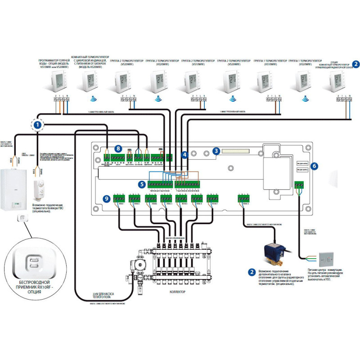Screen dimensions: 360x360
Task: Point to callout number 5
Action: [142, 184]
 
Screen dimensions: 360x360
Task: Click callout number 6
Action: [314, 166]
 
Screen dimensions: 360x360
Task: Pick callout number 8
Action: [118, 148]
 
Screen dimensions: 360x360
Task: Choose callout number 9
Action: [106, 198]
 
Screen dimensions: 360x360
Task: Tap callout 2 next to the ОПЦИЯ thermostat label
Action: [355, 64]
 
